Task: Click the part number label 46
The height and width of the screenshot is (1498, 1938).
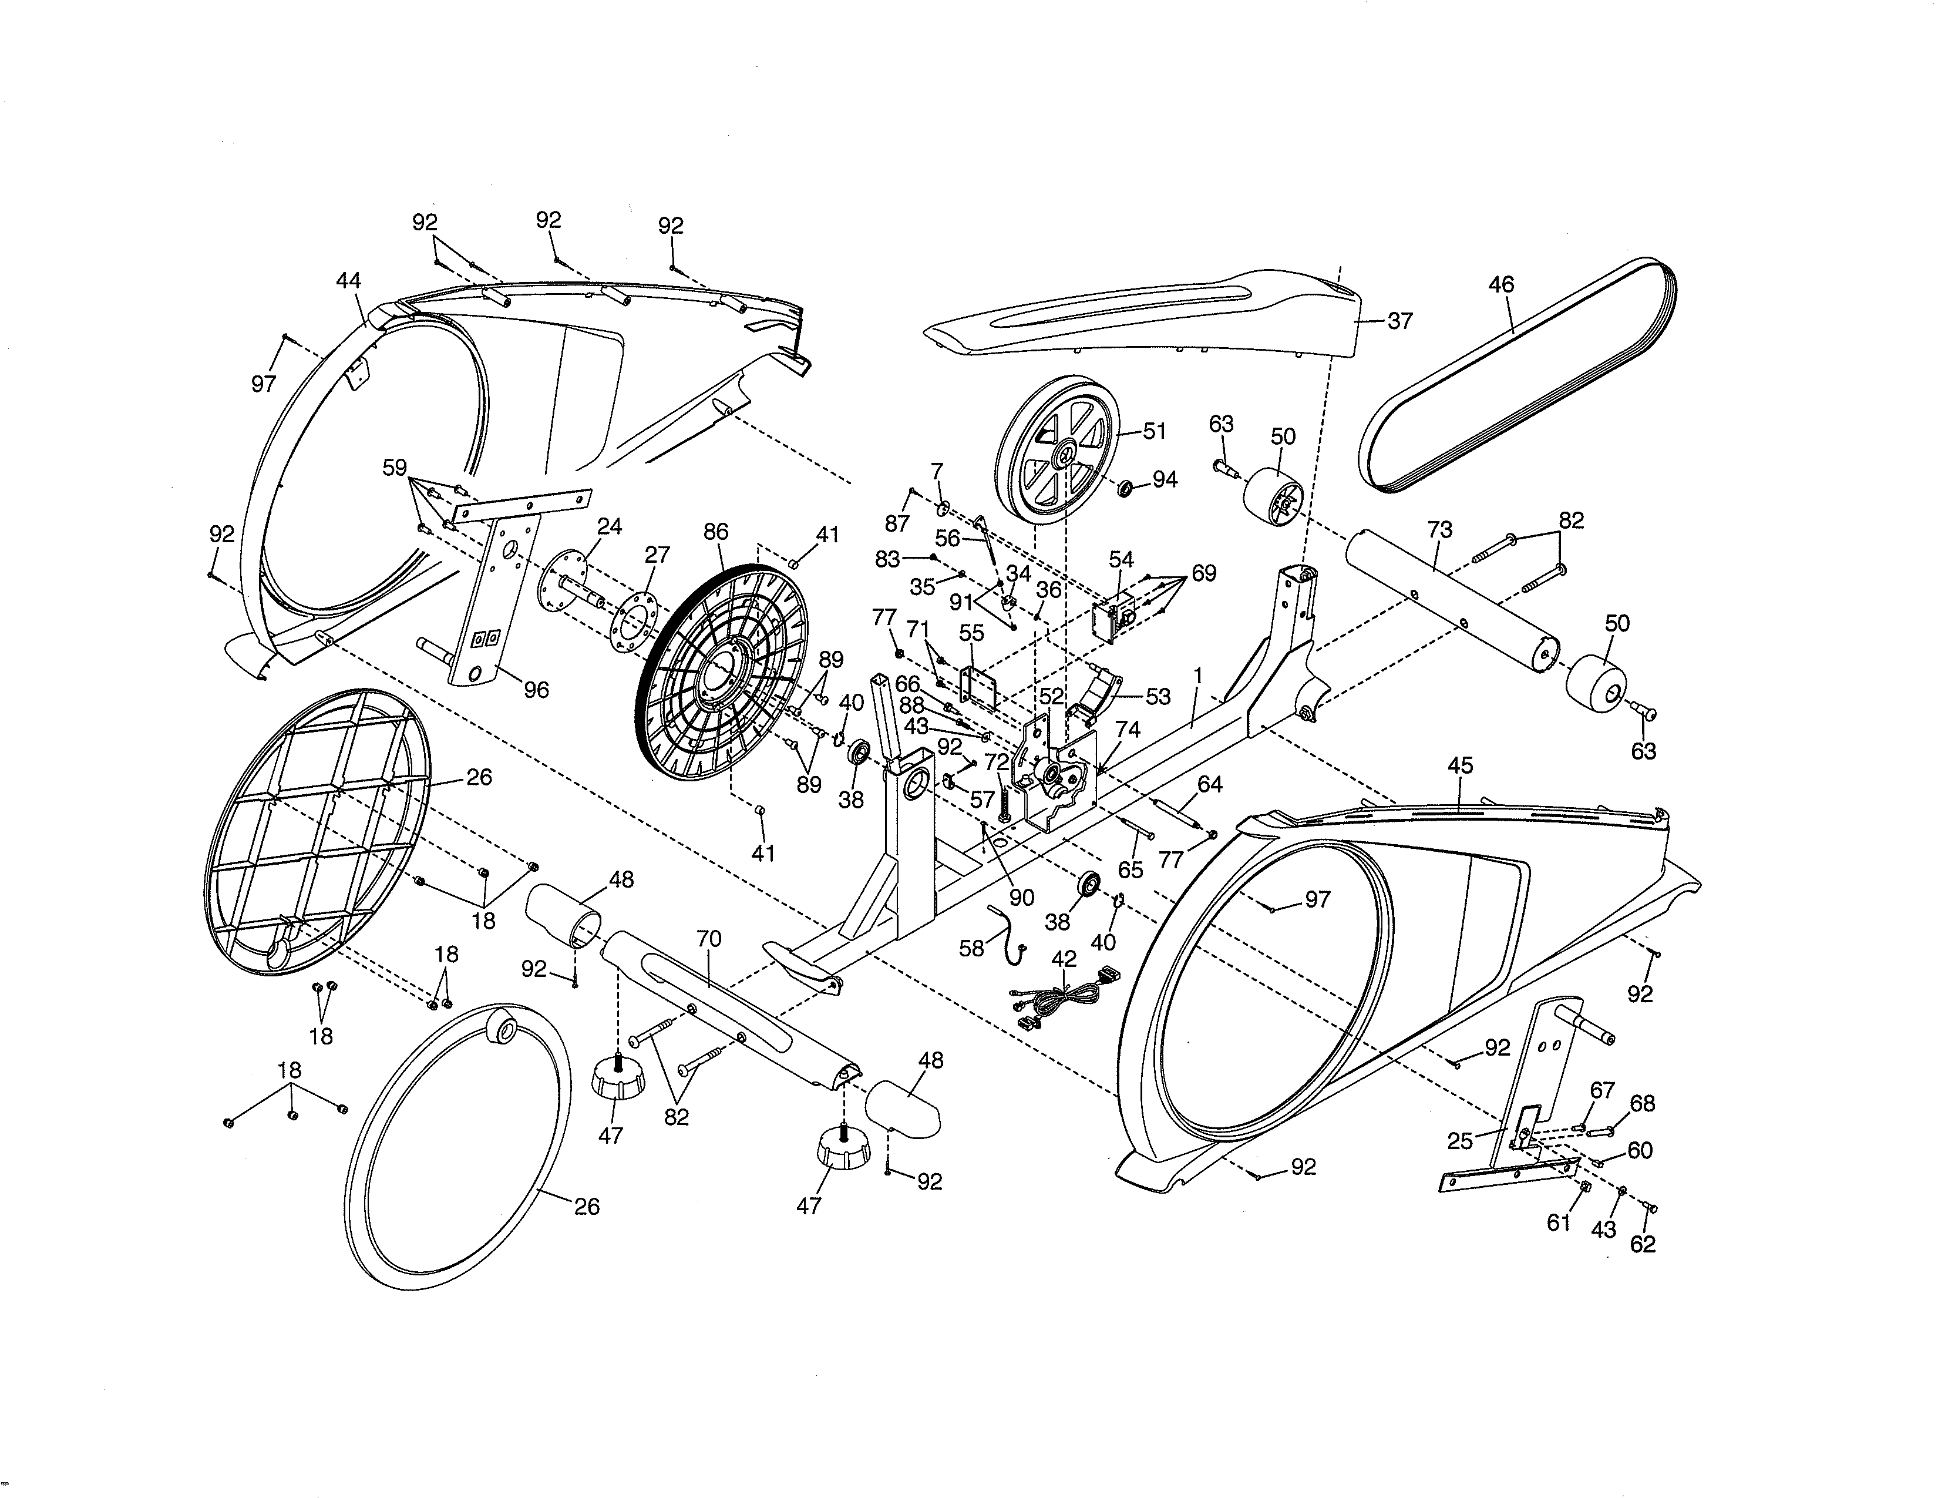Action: [1500, 285]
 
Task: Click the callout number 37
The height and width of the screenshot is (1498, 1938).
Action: [1399, 321]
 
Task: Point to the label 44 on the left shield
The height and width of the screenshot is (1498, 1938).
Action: [349, 280]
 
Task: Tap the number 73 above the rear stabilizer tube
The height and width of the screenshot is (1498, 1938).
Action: [1439, 530]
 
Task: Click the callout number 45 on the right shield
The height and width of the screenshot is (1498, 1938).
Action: [1460, 765]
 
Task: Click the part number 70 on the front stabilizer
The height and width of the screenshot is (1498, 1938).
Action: [709, 938]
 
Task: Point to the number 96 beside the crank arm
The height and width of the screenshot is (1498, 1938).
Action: [536, 690]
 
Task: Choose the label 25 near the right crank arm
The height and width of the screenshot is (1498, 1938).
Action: [1460, 1142]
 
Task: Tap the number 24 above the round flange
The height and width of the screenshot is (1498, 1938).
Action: [610, 526]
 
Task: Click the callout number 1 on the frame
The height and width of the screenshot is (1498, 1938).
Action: [1197, 676]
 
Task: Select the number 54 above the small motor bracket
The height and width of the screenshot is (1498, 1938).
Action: [1121, 559]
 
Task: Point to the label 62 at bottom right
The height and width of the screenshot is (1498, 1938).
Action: [1643, 1244]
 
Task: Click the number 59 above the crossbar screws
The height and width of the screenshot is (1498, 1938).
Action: [395, 468]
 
